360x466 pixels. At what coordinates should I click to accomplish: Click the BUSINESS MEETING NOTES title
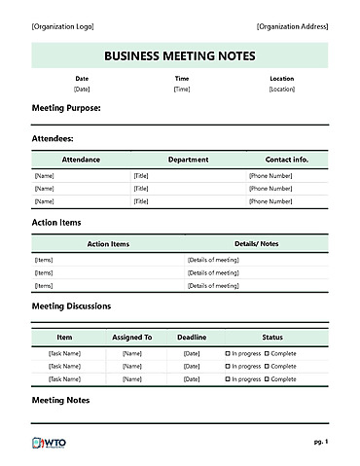tap(179, 55)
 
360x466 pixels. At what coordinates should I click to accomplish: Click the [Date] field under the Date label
tap(82, 89)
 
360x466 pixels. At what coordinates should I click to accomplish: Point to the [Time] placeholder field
tap(181, 89)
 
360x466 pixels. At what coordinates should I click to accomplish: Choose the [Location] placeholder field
tap(281, 89)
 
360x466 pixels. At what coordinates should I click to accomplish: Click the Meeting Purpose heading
tap(66, 108)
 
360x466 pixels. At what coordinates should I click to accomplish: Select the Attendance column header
tap(81, 159)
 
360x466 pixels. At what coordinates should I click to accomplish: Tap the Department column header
tap(188, 159)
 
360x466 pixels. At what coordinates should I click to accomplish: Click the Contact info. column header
tap(286, 159)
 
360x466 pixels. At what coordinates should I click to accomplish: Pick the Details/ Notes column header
tap(256, 243)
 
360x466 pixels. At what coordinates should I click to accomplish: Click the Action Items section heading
tap(56, 222)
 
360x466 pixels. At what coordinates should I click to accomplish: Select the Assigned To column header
tap(132, 337)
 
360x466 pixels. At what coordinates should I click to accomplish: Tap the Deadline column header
tap(192, 337)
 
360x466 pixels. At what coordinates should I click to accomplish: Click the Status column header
tap(272, 337)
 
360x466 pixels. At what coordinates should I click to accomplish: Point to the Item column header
tap(64, 337)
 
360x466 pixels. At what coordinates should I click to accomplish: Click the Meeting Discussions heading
tap(71, 305)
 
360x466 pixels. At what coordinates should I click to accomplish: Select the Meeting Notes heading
tap(60, 400)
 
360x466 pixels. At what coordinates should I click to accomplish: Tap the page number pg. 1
tap(320, 442)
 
